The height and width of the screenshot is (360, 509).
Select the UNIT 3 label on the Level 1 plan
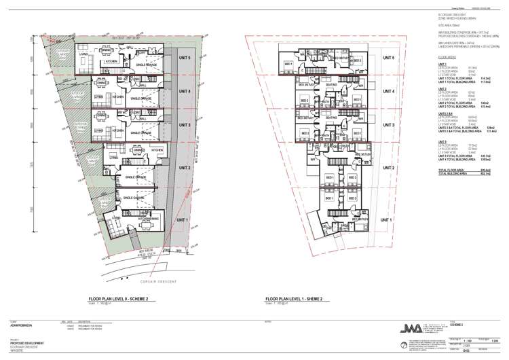388,126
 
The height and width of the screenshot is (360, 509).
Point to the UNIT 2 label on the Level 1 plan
388,167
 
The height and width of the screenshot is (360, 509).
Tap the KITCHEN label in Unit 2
155,149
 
